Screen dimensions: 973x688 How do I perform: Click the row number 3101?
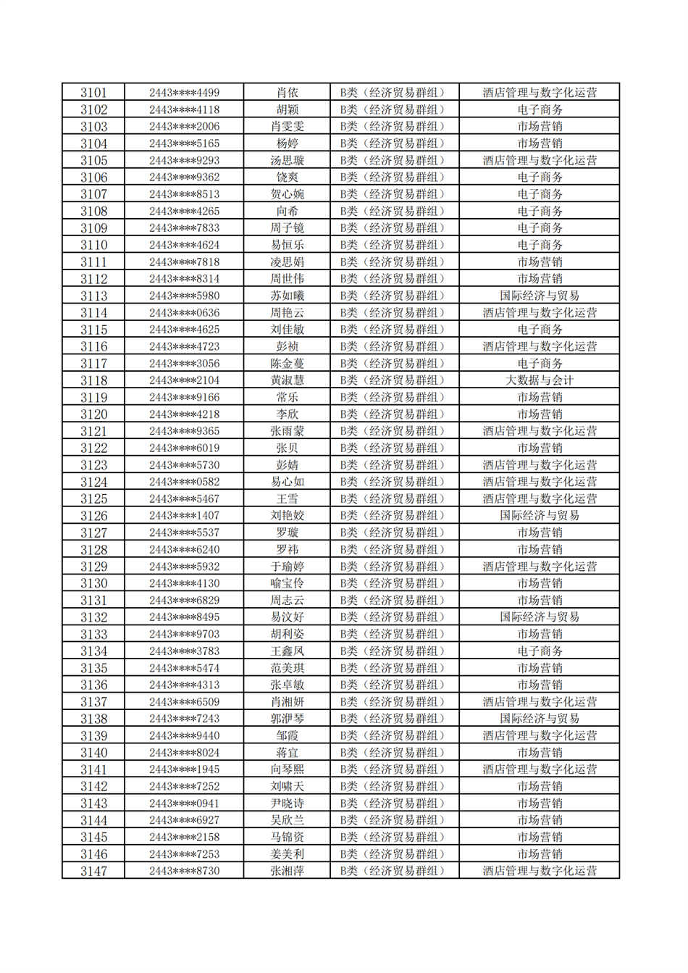pyautogui.click(x=93, y=93)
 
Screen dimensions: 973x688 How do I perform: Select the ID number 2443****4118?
pyautogui.click(x=184, y=110)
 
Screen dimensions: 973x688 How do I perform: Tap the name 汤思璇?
pyautogui.click(x=287, y=161)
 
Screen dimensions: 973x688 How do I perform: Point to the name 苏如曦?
pyautogui.click(x=287, y=296)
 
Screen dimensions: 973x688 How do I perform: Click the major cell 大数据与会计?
pyautogui.click(x=540, y=380)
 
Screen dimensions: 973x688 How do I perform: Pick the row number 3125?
pyautogui.click(x=93, y=499)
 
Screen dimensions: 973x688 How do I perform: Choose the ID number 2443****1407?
pyautogui.click(x=184, y=516)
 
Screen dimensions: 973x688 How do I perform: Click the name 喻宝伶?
pyautogui.click(x=287, y=583)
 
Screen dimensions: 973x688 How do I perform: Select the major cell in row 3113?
pyautogui.click(x=540, y=296)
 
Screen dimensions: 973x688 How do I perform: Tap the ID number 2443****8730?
pyautogui.click(x=184, y=871)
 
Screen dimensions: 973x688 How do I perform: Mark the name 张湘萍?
pyautogui.click(x=287, y=871)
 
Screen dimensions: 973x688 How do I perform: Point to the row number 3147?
pyautogui.click(x=93, y=871)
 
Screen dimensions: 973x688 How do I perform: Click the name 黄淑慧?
pyautogui.click(x=287, y=380)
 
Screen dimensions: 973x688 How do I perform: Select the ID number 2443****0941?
pyautogui.click(x=184, y=803)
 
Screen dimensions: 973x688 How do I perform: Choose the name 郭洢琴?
pyautogui.click(x=287, y=719)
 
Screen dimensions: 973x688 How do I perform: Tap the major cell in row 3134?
pyautogui.click(x=540, y=651)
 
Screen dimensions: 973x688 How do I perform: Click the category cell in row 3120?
pyautogui.click(x=394, y=414)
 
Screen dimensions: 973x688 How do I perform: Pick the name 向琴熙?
pyautogui.click(x=287, y=769)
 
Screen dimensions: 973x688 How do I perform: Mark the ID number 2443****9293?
pyautogui.click(x=184, y=161)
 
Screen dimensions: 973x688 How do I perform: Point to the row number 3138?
pyautogui.click(x=93, y=719)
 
